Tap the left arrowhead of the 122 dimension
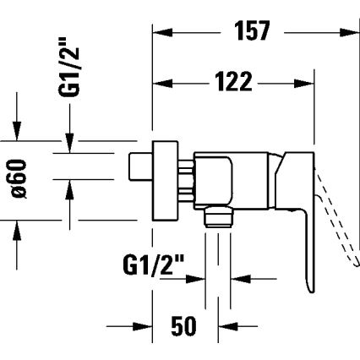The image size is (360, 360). [x=158, y=83]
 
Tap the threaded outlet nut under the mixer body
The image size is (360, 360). [x=218, y=218]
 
